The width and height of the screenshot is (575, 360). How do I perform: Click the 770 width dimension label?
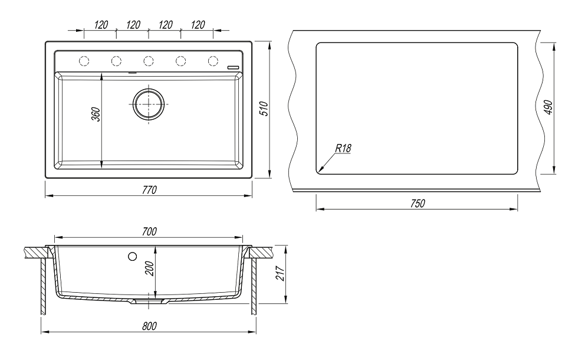[x=149, y=189]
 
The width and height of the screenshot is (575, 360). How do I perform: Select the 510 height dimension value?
[x=265, y=109]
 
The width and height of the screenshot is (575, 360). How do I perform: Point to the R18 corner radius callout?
[x=343, y=148]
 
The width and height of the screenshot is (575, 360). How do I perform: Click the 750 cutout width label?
[x=417, y=204]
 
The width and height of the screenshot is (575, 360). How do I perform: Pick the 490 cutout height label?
[x=548, y=107]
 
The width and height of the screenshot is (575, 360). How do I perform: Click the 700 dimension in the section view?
[x=149, y=232]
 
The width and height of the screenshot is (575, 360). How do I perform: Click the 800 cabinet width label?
[x=149, y=326]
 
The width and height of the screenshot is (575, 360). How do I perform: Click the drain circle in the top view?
[x=148, y=104]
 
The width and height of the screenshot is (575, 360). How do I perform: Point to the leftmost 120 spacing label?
[x=101, y=25]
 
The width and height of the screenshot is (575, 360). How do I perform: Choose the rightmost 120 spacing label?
[x=198, y=25]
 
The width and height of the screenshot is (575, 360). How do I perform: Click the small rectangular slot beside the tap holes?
[x=234, y=67]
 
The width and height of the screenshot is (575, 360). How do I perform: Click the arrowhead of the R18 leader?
[x=319, y=172]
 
